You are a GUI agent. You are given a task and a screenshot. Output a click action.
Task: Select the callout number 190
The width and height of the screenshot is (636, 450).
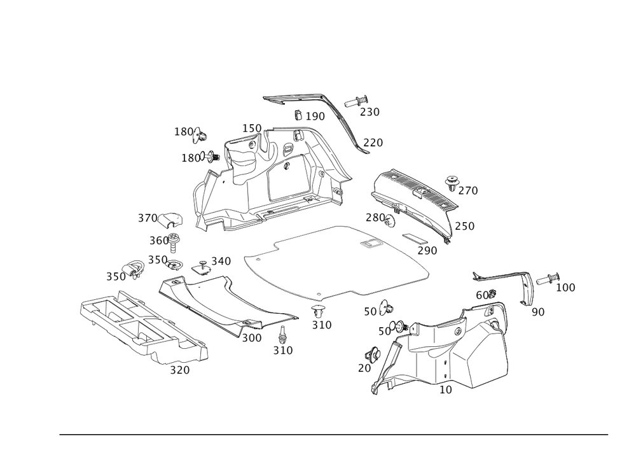[314, 116]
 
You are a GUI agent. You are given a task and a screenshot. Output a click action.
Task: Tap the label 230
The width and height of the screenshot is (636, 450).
[369, 112]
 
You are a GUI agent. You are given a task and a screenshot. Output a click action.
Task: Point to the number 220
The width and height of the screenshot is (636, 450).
[373, 143]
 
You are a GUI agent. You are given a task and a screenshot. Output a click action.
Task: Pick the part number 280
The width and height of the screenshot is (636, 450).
[375, 218]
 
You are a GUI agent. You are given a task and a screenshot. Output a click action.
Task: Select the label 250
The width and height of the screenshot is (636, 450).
[464, 226]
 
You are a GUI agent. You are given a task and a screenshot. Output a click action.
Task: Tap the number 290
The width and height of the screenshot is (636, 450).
[427, 251]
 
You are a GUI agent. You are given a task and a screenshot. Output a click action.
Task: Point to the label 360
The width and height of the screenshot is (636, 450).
[158, 241]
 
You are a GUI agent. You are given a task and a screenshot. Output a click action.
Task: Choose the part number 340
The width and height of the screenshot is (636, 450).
[221, 261]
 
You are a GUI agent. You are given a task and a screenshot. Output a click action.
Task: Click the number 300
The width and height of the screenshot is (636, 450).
[252, 338]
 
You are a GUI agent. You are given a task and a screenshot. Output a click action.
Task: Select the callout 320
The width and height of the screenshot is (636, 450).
[180, 370]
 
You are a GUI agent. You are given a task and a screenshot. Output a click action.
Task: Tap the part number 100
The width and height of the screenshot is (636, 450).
[565, 288]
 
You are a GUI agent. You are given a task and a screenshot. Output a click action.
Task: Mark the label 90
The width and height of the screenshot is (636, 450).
[537, 311]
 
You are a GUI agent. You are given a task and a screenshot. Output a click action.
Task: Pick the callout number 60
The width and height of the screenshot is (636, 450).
[485, 295]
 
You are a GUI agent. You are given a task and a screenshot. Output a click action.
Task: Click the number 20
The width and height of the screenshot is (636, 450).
[364, 369]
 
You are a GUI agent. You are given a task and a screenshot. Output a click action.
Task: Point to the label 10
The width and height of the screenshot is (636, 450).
[446, 390]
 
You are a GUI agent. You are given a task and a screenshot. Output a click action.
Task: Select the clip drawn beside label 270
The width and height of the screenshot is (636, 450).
[453, 181]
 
